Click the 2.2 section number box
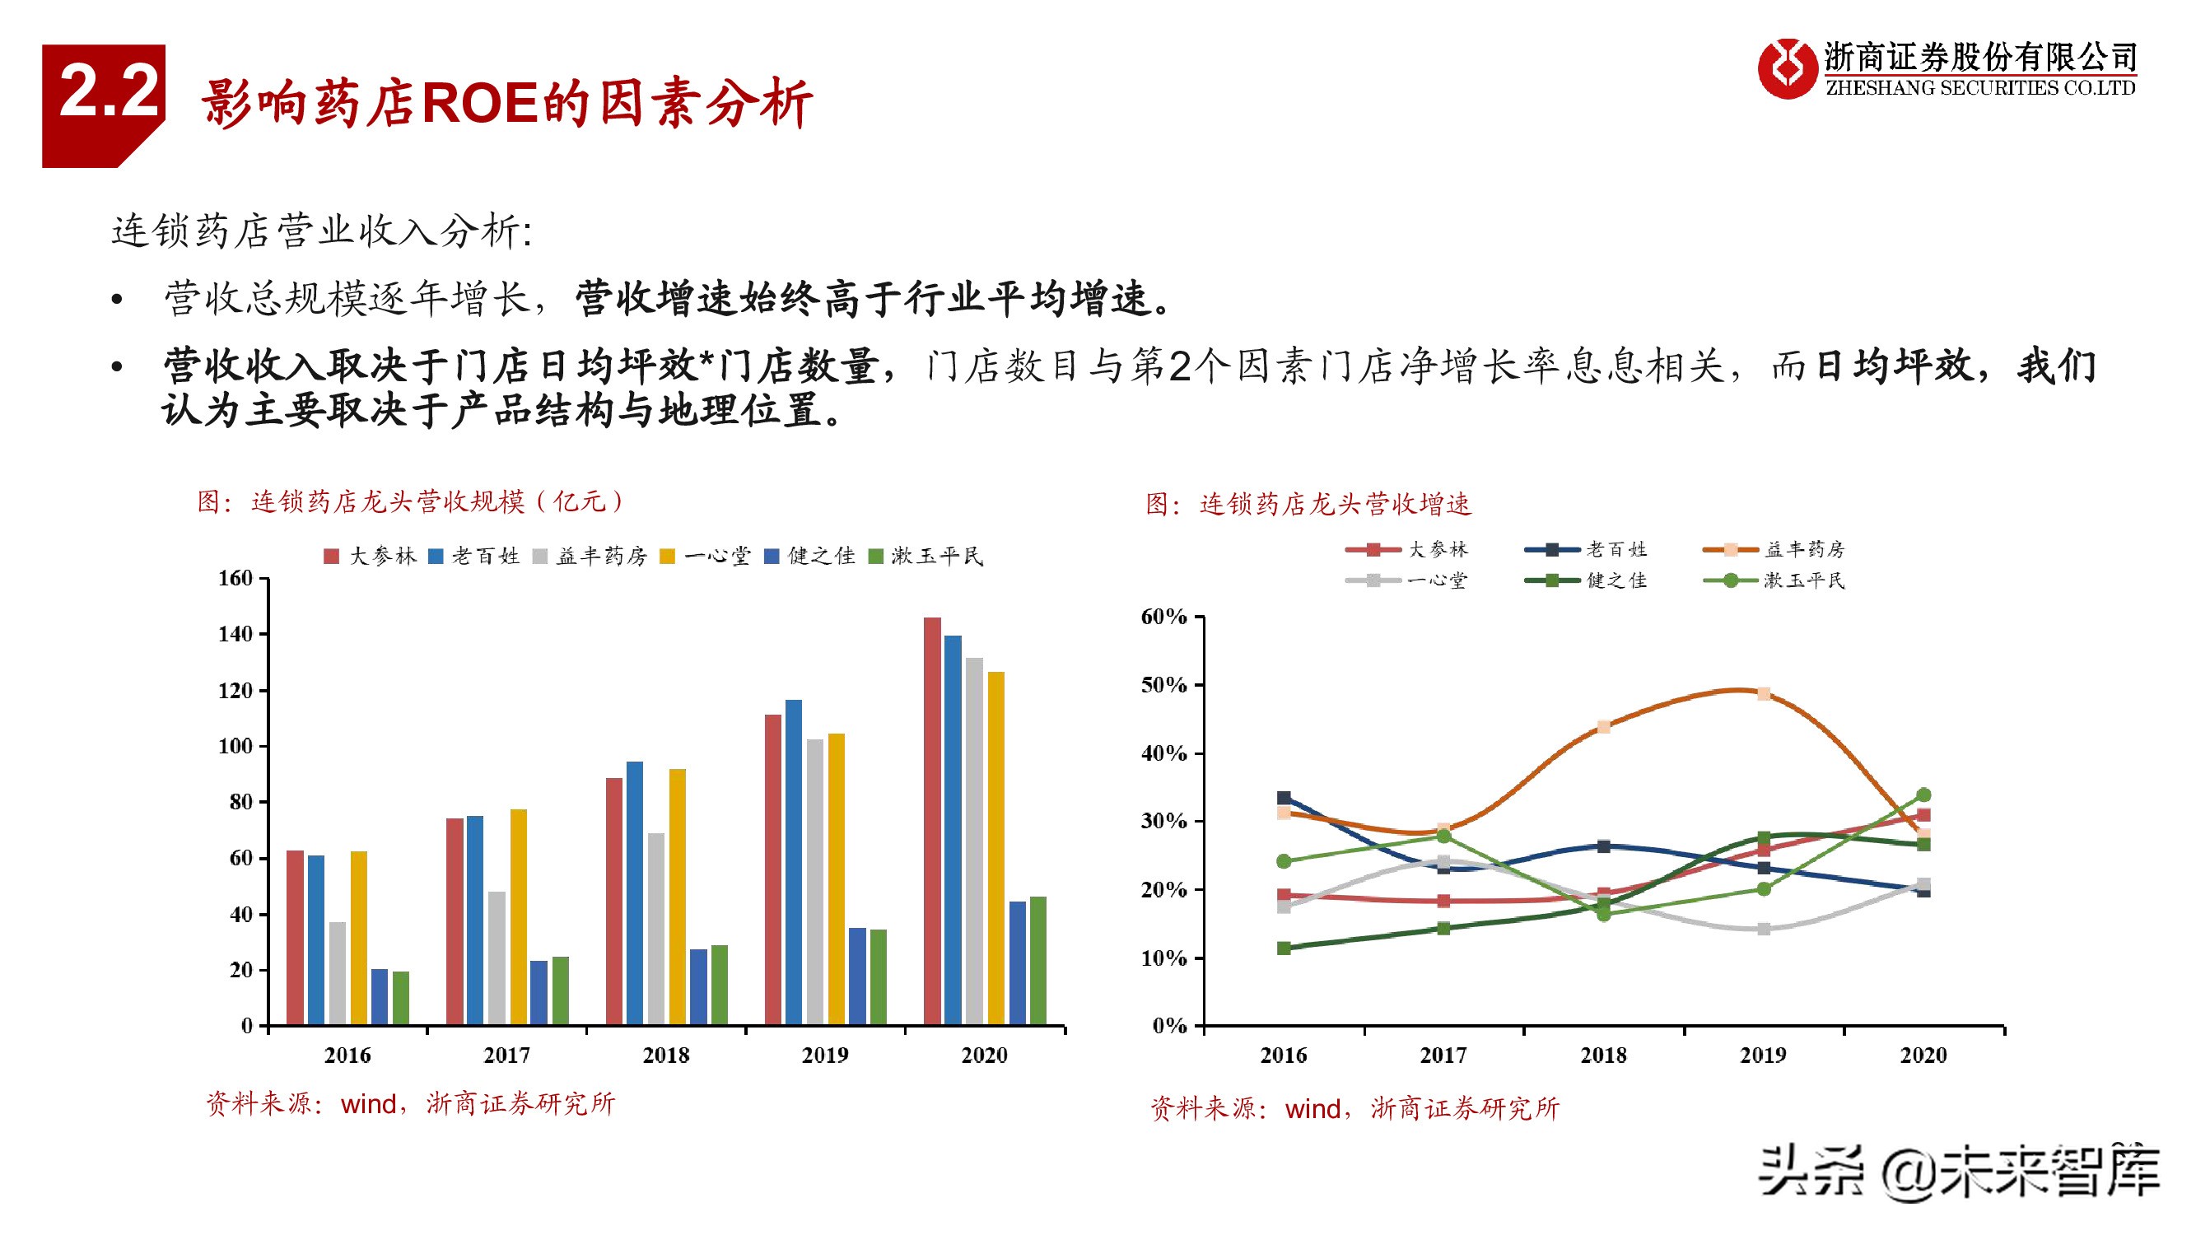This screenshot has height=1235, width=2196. pos(103,105)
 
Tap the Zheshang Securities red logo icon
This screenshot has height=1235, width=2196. pos(1787,68)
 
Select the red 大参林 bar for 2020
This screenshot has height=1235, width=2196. pos(932,820)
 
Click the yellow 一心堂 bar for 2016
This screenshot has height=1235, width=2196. pos(359,938)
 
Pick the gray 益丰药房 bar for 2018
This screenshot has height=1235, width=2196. pos(655,928)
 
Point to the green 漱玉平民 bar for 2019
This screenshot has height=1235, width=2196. pos(878,976)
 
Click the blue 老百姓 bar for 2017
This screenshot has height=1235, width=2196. pos(475,920)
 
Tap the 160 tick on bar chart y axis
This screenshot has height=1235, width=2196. pos(235,579)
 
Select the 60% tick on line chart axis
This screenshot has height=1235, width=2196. pos(1163,616)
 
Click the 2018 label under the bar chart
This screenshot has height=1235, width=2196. pos(666,1056)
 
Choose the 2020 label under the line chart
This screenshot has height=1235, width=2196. pos(1923,1056)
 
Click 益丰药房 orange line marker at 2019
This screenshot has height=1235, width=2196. pos(1764,694)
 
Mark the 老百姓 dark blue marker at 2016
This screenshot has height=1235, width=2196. pos(1284,799)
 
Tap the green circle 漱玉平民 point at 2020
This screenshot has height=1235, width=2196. pos(1923,795)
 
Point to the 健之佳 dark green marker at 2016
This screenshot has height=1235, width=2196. pos(1284,948)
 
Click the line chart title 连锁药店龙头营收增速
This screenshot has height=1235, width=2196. pos(1334,505)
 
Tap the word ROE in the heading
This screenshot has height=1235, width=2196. pos(479,104)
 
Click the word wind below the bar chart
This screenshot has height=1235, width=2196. pos(368,1105)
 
